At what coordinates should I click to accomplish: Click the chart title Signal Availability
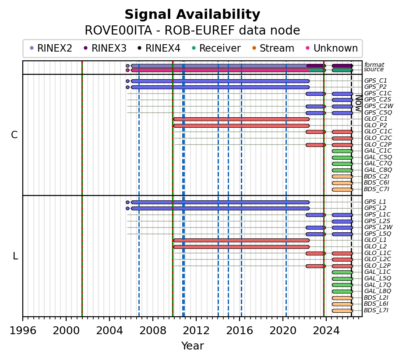[x=192, y=15]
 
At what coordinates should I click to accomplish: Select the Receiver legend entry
[x=219, y=48]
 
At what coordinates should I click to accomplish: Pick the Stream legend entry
[x=277, y=48]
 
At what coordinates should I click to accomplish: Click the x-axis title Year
[x=192, y=346]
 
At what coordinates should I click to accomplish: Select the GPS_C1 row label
[x=375, y=81]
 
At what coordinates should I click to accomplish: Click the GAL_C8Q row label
[x=378, y=170]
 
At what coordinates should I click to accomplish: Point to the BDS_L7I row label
[x=376, y=311]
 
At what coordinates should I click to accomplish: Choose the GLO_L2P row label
[x=377, y=266]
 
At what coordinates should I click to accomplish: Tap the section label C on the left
[x=14, y=135]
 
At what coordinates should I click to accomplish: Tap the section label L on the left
[x=15, y=256]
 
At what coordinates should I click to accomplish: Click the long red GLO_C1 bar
[x=241, y=119]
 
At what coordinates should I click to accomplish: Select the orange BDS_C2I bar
[x=342, y=176]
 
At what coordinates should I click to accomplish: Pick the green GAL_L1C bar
[x=342, y=272]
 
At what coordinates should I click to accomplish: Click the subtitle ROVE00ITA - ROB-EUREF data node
[x=192, y=31]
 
